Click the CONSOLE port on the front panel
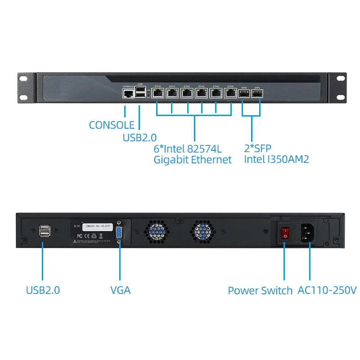128,94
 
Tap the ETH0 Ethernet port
157,94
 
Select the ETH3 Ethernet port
201,94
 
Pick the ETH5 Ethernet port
230,94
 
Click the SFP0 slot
244,94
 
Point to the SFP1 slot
258,94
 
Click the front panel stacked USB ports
141,92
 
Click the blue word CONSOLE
112,125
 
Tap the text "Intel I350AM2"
276,159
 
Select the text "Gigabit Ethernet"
193,159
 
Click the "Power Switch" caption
260,290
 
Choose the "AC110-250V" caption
327,290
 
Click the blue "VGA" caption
121,290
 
